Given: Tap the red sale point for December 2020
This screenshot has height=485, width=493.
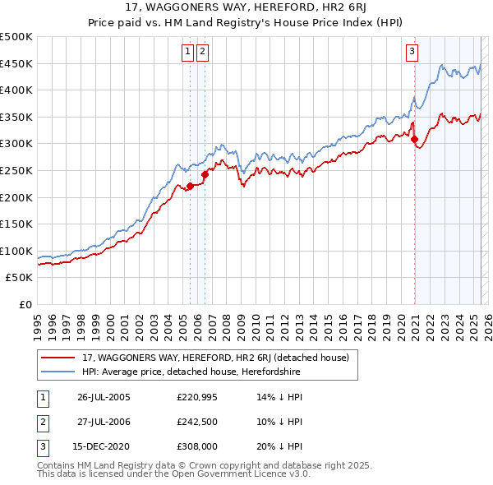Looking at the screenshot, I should [414, 139].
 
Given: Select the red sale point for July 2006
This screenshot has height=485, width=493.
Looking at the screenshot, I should [205, 174].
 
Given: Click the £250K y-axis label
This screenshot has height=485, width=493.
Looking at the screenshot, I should [16, 170].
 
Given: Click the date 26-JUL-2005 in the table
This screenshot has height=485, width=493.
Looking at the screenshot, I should [104, 397].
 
